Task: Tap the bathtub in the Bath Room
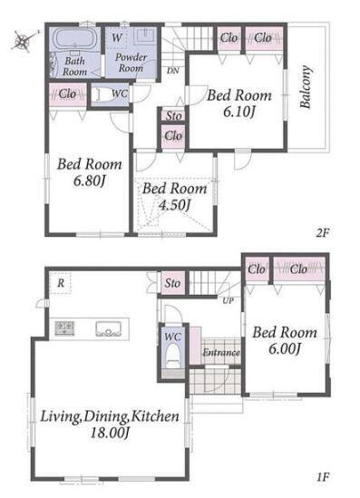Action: click(75, 39)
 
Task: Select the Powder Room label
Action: click(131, 63)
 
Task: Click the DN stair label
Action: click(172, 71)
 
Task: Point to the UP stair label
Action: click(229, 300)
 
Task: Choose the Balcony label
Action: click(306, 87)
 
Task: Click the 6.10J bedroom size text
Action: click(238, 112)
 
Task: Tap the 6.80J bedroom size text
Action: click(89, 181)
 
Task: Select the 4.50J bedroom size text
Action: click(174, 205)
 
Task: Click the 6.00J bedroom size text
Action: click(285, 349)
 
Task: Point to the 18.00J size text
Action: click(110, 433)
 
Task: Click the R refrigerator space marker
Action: click(61, 283)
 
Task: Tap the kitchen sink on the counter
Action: click(109, 328)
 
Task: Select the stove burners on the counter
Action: click(64, 328)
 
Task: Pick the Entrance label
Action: click(221, 353)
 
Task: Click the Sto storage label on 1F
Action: click(172, 283)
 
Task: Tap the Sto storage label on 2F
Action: click(173, 115)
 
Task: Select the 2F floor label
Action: click(323, 233)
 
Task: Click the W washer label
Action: click(117, 37)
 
